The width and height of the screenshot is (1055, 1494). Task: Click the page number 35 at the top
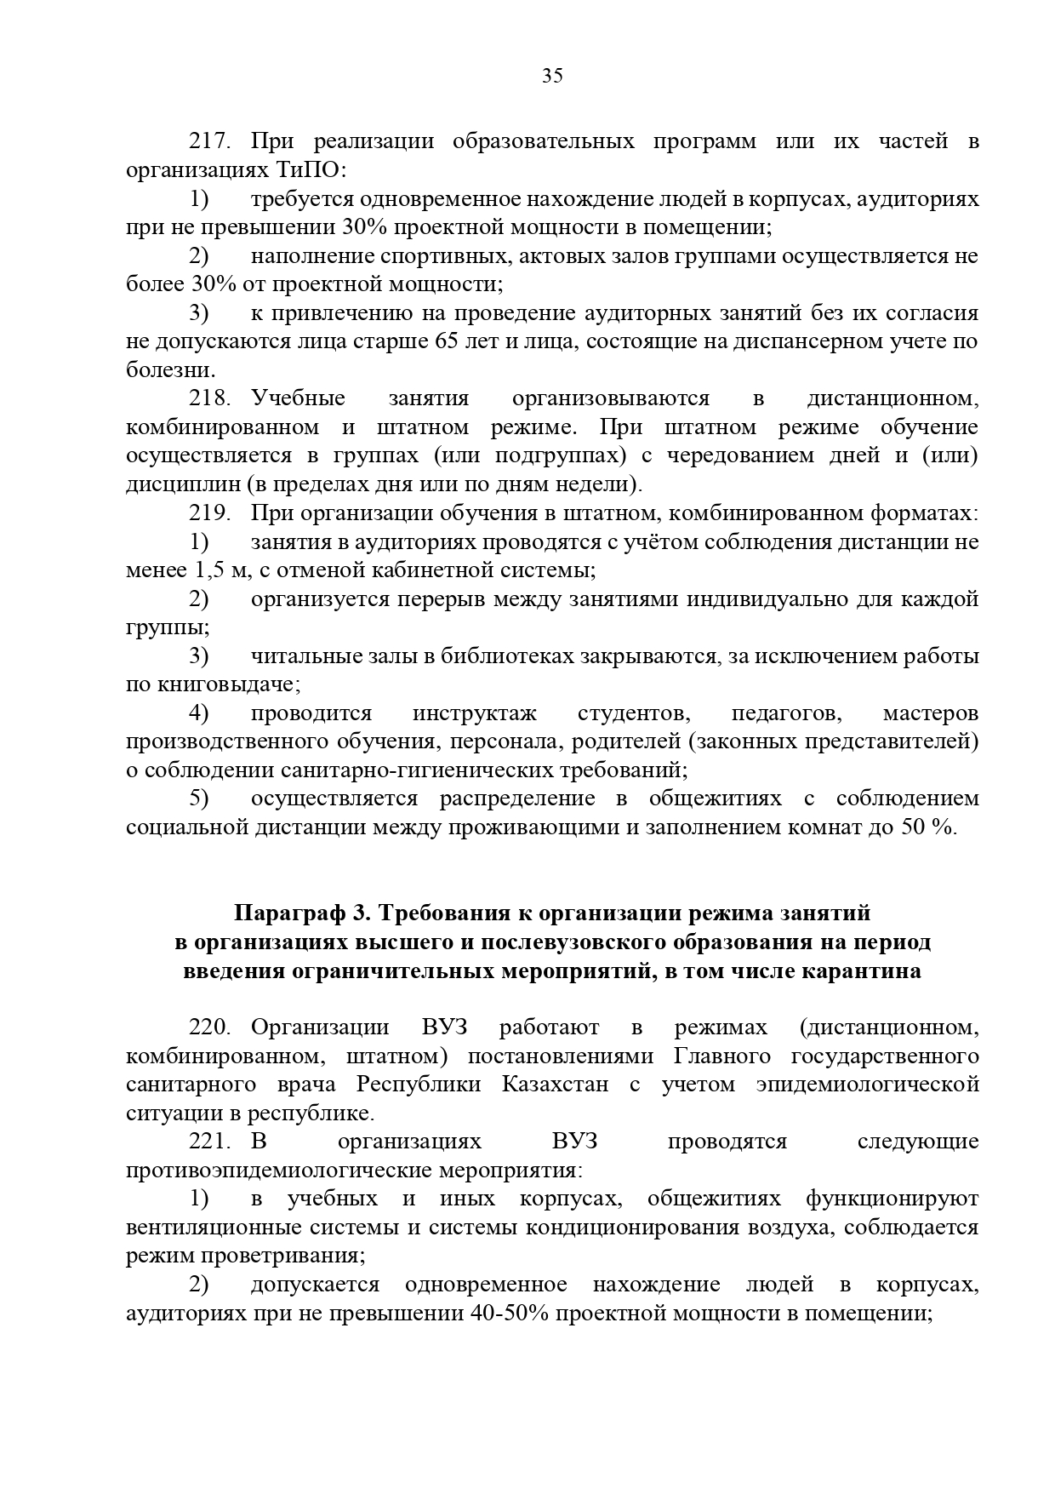[552, 77]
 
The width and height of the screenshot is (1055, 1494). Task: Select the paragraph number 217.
[210, 141]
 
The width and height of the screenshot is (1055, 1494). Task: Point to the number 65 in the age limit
[453, 341]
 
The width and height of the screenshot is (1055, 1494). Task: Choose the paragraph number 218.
[210, 398]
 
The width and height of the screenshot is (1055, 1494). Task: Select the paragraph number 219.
[210, 513]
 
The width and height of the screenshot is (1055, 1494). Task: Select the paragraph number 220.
[210, 1027]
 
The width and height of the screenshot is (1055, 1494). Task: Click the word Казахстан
[555, 1085]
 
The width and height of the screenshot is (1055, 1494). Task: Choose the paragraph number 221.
[210, 1142]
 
